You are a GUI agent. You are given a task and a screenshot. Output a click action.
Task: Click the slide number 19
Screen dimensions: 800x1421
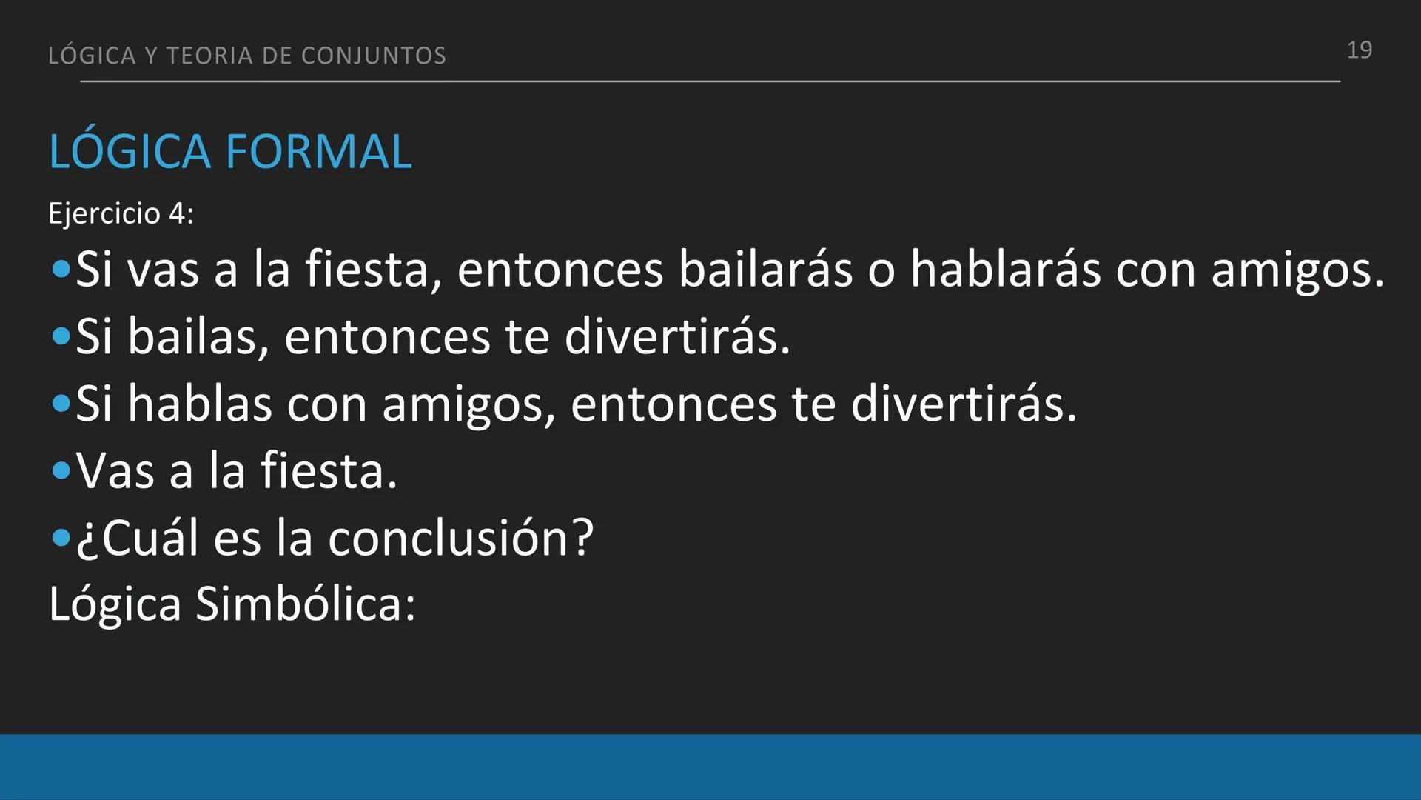[x=1359, y=50]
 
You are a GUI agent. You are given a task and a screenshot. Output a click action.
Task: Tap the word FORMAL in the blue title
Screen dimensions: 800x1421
[x=318, y=152]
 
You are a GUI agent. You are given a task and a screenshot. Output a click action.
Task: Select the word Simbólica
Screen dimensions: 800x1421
[x=305, y=604]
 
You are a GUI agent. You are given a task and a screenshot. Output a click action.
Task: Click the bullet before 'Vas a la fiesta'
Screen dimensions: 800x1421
[x=61, y=471]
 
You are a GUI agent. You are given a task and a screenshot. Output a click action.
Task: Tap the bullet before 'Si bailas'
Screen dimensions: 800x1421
[x=61, y=337]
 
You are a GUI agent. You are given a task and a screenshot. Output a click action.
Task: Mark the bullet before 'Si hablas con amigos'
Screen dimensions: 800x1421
[x=61, y=404]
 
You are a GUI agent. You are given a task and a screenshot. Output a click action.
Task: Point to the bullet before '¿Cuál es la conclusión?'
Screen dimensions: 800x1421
[x=61, y=539]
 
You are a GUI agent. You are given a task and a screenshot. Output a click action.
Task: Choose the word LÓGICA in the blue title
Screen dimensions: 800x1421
[x=130, y=152]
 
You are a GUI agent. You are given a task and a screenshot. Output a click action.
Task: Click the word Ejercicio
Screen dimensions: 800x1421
[x=104, y=214]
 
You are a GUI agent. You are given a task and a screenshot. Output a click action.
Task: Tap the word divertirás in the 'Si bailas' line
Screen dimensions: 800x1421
[x=677, y=336]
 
